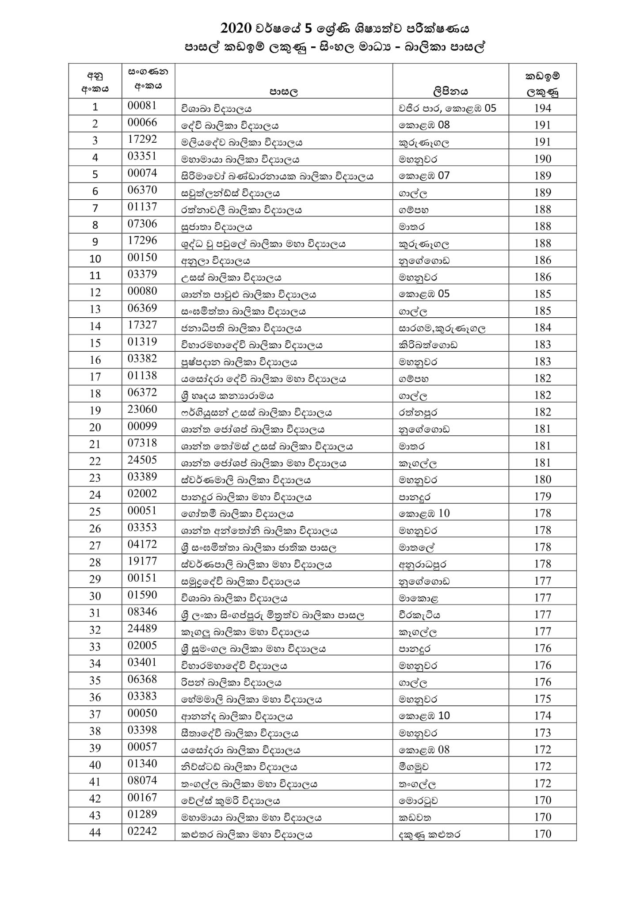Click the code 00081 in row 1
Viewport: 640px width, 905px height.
point(142,106)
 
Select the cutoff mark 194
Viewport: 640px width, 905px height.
point(542,108)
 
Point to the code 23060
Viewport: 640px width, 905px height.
point(142,410)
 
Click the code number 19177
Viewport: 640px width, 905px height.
point(142,562)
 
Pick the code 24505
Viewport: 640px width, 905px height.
point(142,460)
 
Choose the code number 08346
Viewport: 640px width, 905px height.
point(142,612)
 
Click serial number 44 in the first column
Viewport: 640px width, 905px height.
point(95,833)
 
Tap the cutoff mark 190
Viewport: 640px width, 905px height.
point(542,159)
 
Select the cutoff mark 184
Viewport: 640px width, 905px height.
point(542,328)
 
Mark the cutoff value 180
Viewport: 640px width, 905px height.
point(542,480)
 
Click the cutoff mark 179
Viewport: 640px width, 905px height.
point(542,497)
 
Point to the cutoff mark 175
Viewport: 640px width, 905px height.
point(542,699)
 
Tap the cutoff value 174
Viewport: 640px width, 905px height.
point(542,716)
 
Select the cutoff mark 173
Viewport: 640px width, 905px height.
point(542,733)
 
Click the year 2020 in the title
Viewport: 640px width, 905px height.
point(236,29)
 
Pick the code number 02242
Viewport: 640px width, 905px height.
point(142,831)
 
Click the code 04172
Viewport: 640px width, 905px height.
point(142,544)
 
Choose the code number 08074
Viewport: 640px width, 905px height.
point(142,781)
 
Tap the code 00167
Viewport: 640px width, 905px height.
point(142,798)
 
